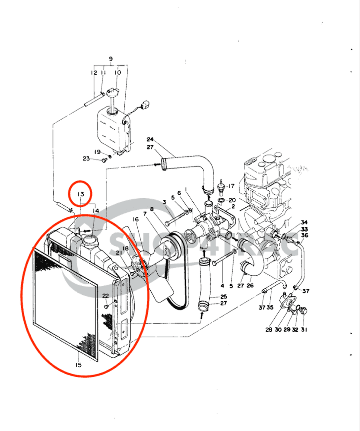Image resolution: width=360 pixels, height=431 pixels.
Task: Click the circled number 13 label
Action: click(x=81, y=194)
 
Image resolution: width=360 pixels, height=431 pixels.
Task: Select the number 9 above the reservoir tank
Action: click(x=110, y=59)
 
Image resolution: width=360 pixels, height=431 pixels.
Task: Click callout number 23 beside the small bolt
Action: click(x=86, y=159)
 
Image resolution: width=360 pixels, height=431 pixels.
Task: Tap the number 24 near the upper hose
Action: click(x=150, y=140)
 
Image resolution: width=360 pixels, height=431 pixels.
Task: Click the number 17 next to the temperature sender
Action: click(x=231, y=186)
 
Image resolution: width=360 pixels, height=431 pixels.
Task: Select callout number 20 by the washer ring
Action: click(x=232, y=200)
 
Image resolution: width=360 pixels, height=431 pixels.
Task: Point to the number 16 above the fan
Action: click(x=136, y=220)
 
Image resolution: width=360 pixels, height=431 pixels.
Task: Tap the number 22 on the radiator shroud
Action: click(x=105, y=295)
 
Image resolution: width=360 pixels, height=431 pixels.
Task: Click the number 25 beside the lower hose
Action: click(x=224, y=297)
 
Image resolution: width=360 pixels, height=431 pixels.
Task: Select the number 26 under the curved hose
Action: click(x=250, y=286)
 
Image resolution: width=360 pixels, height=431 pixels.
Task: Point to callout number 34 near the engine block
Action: click(x=304, y=222)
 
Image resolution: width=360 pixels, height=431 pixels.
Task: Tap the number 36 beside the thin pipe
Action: click(x=305, y=235)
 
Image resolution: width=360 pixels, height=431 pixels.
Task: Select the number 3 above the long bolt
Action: click(x=165, y=202)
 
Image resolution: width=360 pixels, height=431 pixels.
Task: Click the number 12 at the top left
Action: click(x=94, y=73)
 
